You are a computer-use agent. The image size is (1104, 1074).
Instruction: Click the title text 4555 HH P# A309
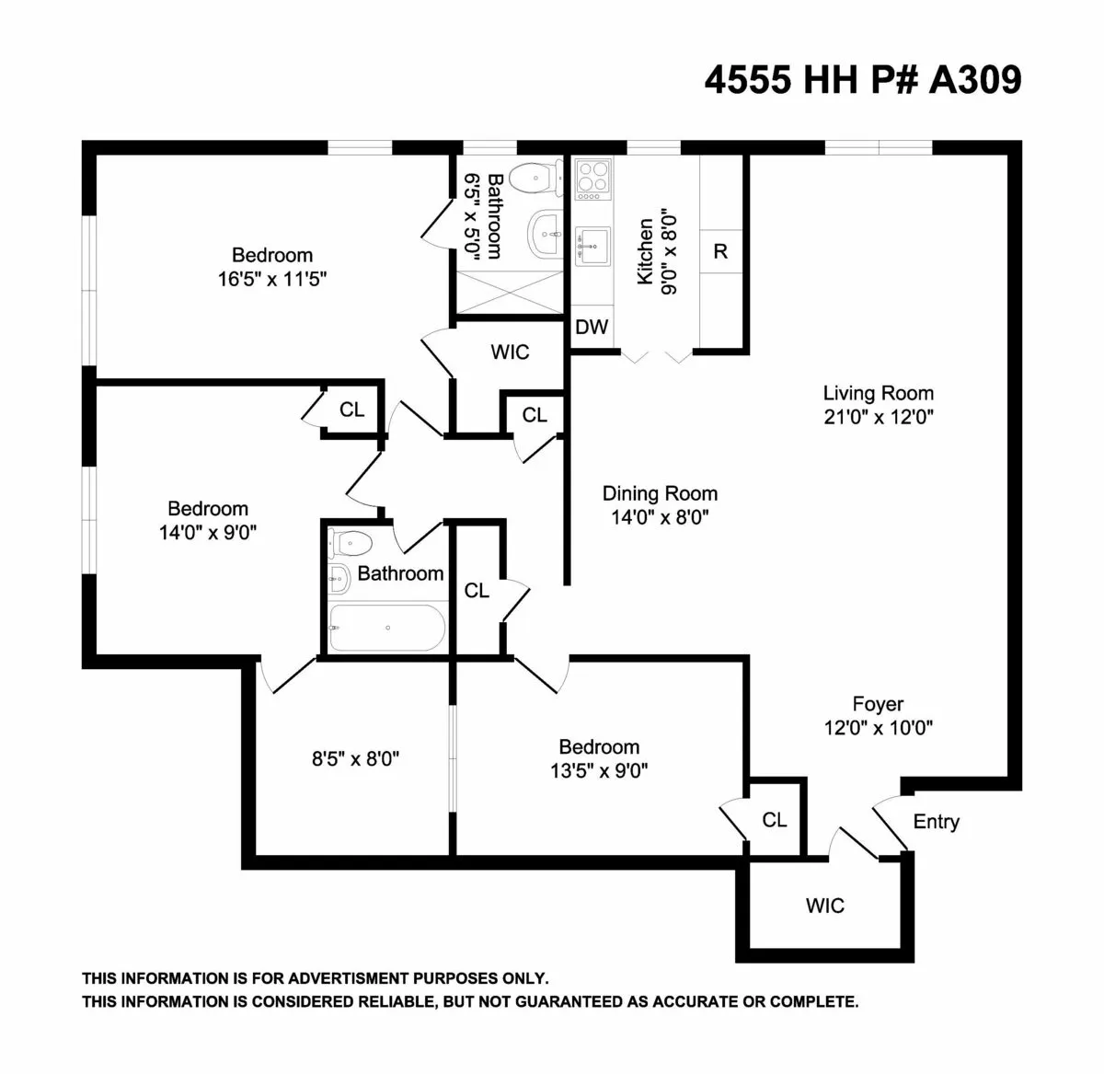[862, 80]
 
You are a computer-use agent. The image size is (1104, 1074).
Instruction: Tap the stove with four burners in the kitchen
[592, 179]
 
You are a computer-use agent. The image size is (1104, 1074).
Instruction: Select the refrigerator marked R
[720, 251]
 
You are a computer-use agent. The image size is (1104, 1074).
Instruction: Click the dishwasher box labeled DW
[592, 327]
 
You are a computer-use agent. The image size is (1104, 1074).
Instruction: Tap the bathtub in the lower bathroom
[387, 628]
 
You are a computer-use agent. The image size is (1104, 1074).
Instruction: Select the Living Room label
[878, 394]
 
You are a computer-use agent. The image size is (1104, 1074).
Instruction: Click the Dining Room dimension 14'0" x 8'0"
[660, 517]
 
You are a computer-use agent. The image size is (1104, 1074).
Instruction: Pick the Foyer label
[878, 704]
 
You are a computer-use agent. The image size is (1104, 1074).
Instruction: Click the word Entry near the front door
[936, 822]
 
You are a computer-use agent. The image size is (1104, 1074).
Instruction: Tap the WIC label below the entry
[824, 906]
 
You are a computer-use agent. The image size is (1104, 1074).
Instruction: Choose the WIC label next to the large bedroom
[510, 352]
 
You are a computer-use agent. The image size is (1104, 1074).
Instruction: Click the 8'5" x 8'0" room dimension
[355, 759]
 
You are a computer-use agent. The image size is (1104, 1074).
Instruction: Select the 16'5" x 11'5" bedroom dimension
[272, 279]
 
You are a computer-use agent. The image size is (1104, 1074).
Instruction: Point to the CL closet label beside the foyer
[775, 819]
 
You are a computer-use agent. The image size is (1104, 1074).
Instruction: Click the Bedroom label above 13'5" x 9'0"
[599, 746]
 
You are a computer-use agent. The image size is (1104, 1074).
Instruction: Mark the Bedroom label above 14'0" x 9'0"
[208, 508]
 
